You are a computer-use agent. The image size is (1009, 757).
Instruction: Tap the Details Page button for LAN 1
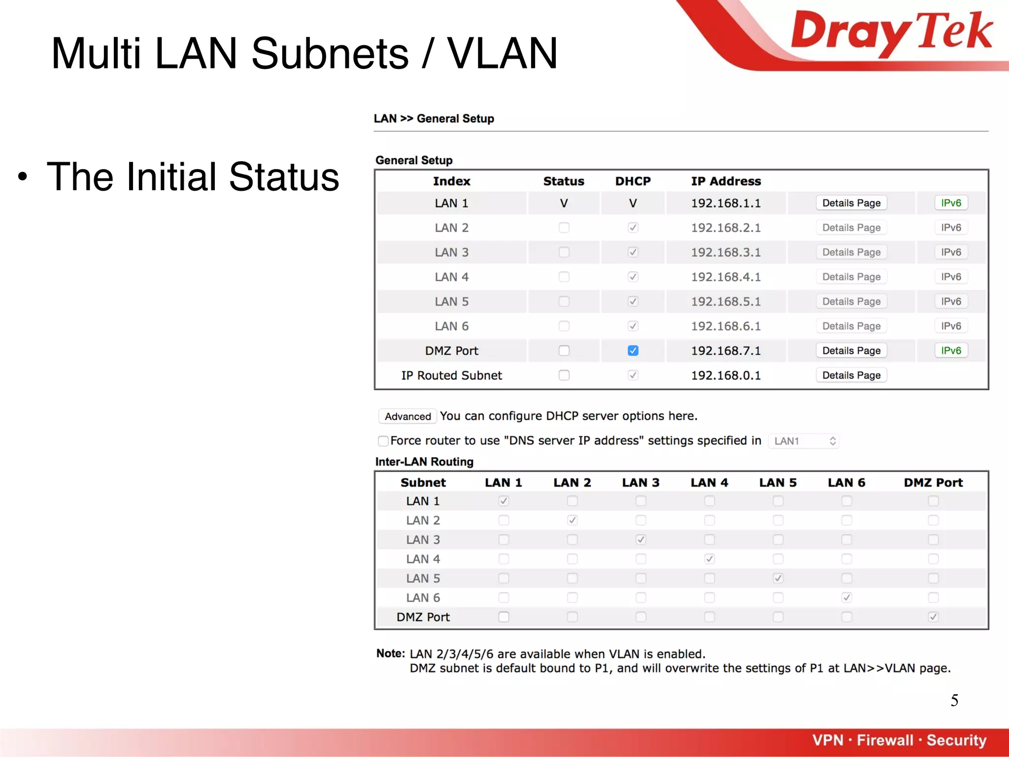click(851, 203)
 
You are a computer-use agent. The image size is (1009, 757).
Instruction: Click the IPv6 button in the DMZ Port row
click(950, 350)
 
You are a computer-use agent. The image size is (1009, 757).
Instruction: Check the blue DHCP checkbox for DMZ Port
click(633, 350)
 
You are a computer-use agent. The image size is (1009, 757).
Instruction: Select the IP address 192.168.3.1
click(726, 252)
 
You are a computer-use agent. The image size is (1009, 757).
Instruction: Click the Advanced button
click(407, 416)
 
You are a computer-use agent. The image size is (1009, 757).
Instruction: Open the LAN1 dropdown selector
click(804, 441)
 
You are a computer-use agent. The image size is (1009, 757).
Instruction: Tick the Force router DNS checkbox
click(383, 441)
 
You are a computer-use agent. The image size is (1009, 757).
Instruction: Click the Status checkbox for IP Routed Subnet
click(564, 376)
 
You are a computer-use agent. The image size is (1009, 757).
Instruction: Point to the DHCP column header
click(633, 181)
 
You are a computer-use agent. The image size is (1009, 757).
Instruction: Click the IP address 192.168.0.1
click(726, 376)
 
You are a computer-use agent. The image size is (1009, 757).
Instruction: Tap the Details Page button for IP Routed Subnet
click(851, 376)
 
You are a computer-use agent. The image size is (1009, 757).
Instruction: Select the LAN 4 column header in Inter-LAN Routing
click(709, 482)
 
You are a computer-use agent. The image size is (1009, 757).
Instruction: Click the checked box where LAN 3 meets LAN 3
click(640, 540)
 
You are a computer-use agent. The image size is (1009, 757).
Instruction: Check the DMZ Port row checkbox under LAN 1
click(504, 617)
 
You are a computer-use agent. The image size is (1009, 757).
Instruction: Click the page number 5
click(954, 700)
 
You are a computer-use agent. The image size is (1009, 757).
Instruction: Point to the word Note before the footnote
click(390, 654)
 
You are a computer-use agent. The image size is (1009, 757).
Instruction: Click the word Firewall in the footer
click(885, 740)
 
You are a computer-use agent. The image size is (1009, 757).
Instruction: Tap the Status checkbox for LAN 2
click(564, 228)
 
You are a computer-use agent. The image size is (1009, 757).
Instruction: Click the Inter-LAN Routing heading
click(424, 462)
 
